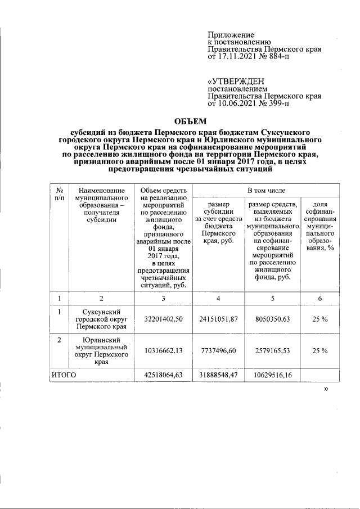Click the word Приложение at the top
coord(231,35)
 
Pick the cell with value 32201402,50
coord(163,319)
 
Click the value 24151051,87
coord(219,319)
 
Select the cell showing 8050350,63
coord(272,319)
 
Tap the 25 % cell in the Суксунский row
coord(320,319)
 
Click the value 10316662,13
coord(163,351)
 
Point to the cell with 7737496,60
coord(219,351)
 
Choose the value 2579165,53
coord(272,351)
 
